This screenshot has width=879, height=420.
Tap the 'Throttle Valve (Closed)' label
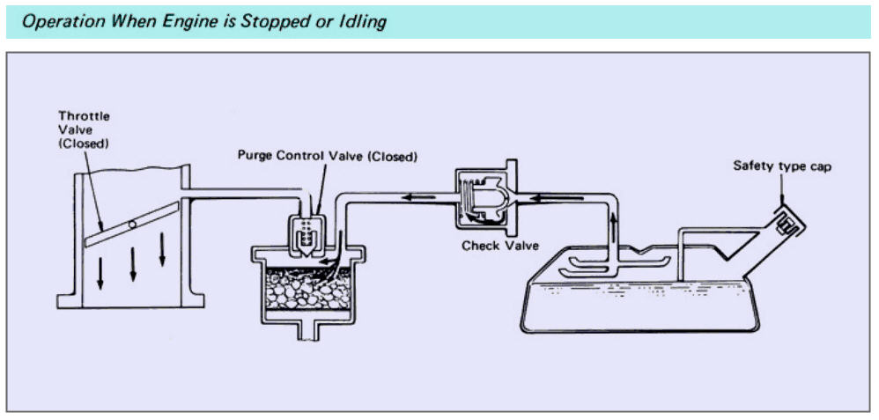pyautogui.click(x=84, y=129)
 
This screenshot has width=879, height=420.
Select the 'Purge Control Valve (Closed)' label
pyautogui.click(x=328, y=156)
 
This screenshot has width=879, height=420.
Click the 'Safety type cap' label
pyautogui.click(x=782, y=166)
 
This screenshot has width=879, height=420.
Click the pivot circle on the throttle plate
pyautogui.click(x=132, y=225)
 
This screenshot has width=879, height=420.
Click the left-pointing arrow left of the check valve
pyautogui.click(x=418, y=197)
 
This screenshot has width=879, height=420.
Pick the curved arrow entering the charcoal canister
pyautogui.click(x=331, y=256)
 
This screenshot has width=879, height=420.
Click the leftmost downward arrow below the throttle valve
pyautogui.click(x=100, y=273)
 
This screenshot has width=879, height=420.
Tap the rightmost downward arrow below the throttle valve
pyautogui.click(x=163, y=249)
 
